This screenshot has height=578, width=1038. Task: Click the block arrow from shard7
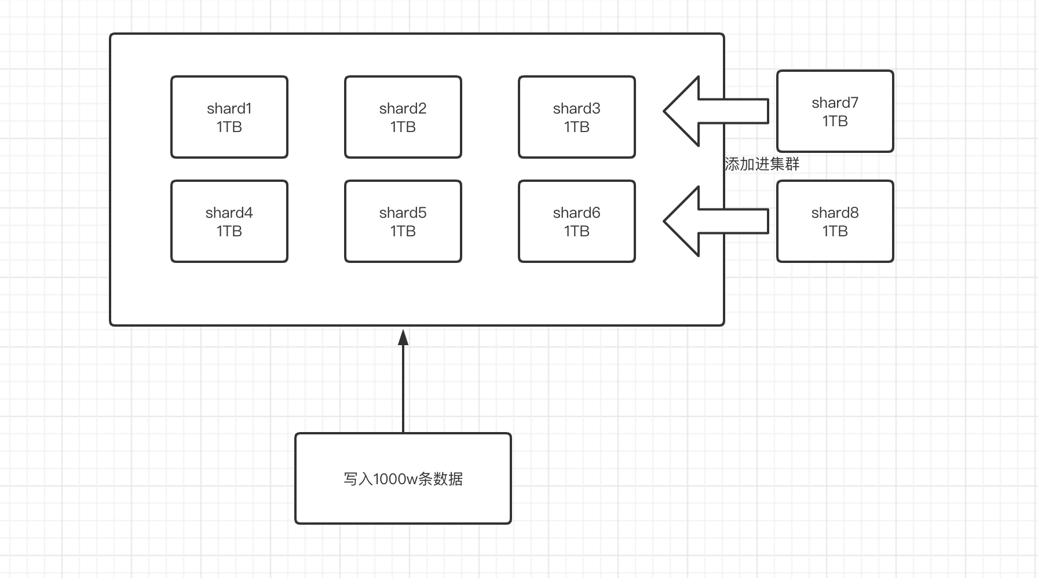coord(715,111)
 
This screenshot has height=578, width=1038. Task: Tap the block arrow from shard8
coord(715,221)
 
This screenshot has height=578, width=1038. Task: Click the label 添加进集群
coord(762,164)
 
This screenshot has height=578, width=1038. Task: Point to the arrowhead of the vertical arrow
coord(403,338)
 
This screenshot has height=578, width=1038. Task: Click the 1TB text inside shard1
coord(229,127)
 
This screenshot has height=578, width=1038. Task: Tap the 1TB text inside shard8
coord(835,232)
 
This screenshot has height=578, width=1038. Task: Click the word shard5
coord(403,213)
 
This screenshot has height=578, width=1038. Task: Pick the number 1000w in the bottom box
coord(396,480)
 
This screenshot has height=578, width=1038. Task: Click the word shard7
coord(835,103)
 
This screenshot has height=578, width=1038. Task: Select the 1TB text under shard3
coord(577,127)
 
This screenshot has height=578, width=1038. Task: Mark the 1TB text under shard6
coord(577,232)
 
